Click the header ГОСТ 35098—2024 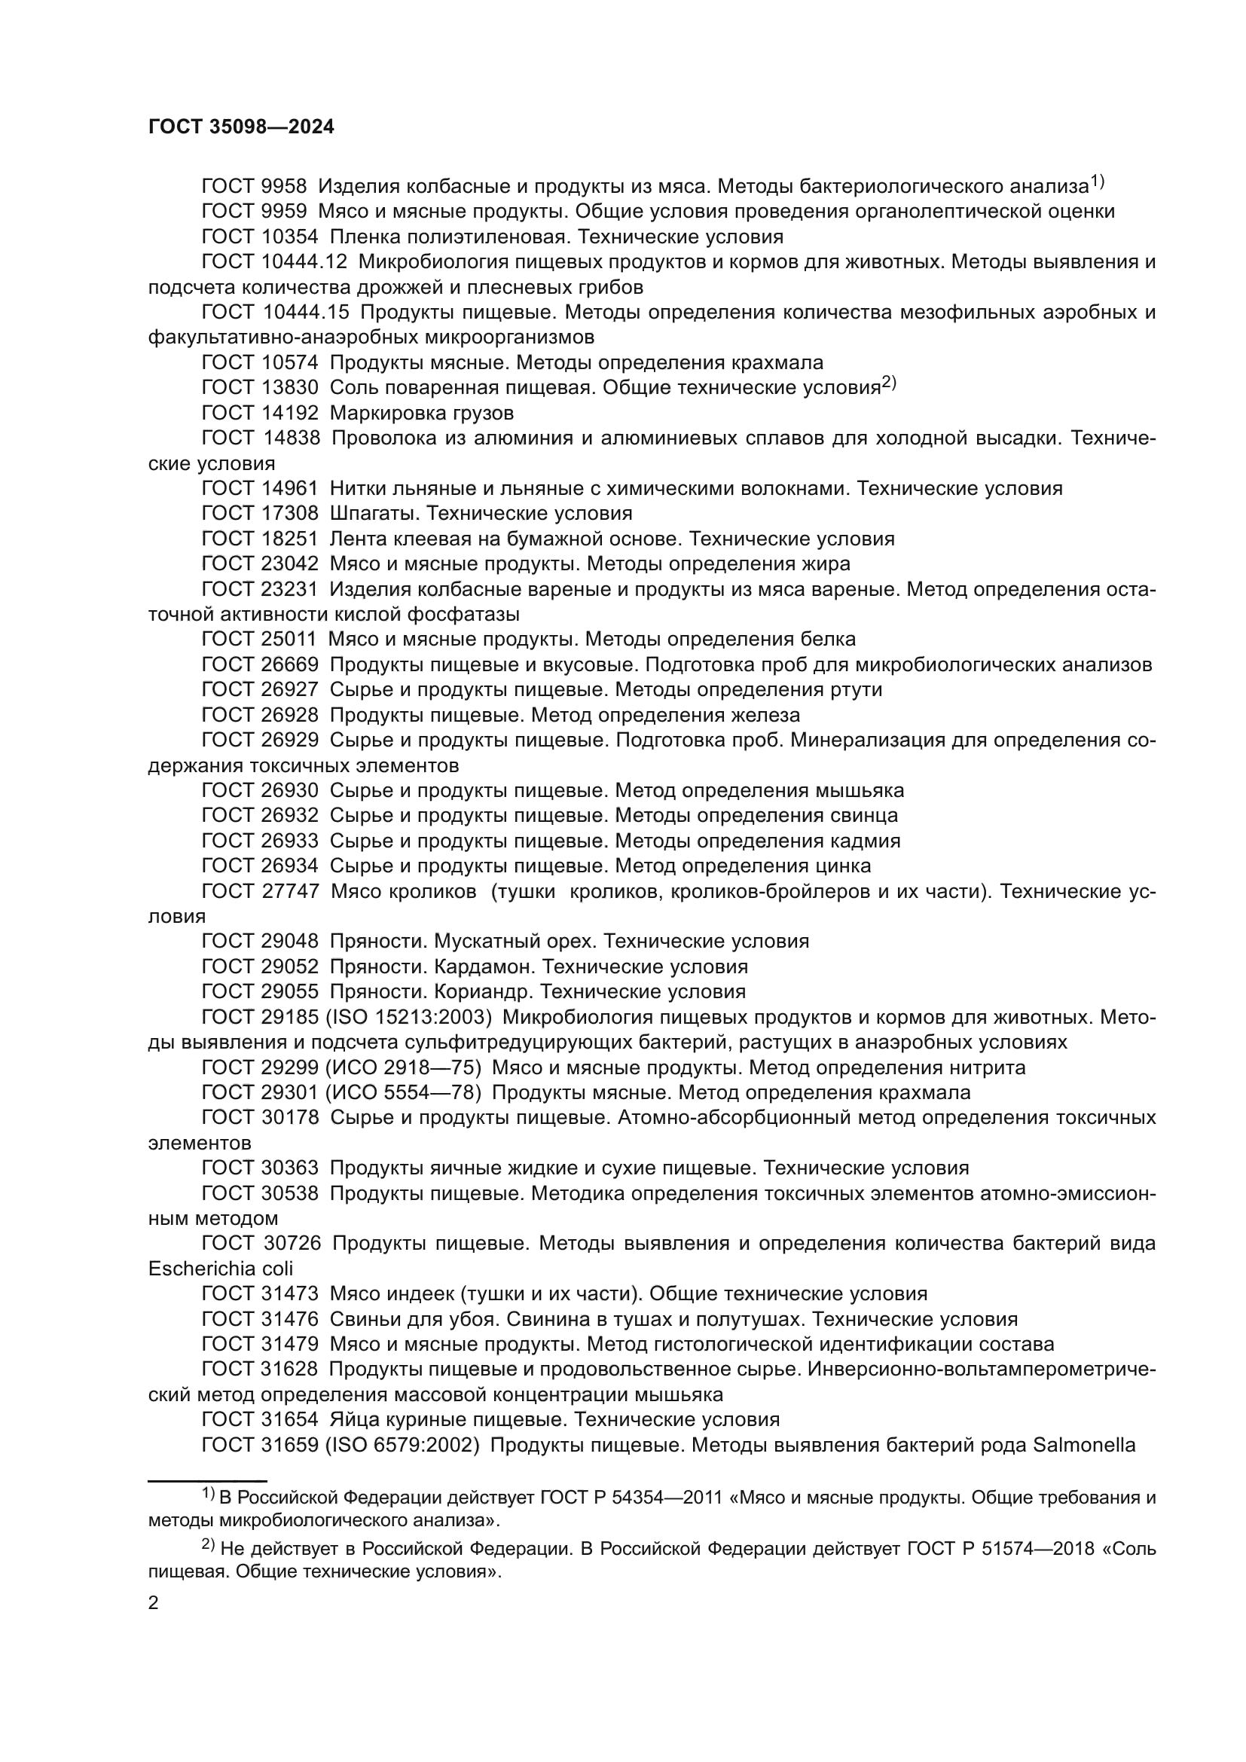241,127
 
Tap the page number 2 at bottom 154,1602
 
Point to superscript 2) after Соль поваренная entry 888,383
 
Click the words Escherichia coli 220,1269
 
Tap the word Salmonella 1084,1445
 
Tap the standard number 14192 286,413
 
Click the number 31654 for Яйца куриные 286,1420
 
